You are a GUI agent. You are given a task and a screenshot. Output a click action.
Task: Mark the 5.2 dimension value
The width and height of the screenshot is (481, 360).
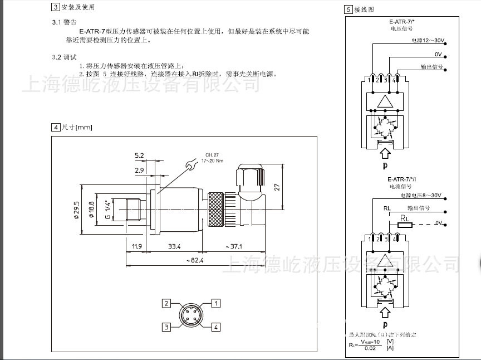coord(139,155)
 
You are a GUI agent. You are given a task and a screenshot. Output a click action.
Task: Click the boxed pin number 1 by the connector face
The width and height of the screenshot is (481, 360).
coord(217,304)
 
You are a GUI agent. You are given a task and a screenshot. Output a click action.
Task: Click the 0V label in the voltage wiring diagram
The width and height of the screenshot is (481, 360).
coord(438,54)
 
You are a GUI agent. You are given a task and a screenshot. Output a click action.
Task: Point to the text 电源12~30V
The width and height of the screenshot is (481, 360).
coord(427,41)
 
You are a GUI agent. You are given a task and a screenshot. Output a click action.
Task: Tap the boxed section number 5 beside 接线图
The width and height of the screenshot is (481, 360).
coord(349,9)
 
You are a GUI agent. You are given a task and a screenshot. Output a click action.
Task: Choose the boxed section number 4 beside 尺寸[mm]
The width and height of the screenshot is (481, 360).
coord(55,127)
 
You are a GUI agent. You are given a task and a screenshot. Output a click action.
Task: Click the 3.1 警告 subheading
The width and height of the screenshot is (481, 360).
coord(64,22)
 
